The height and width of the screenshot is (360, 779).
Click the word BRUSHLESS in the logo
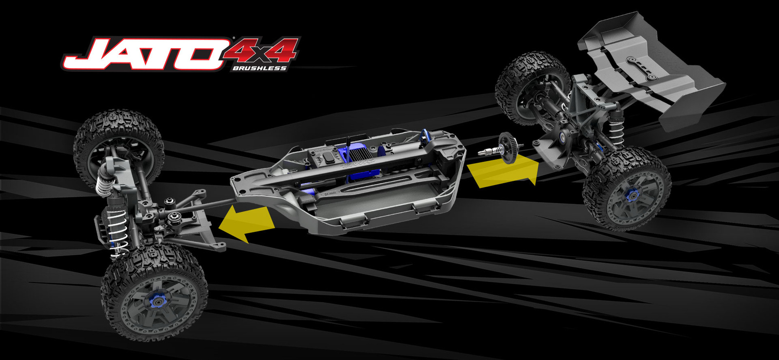259,68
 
